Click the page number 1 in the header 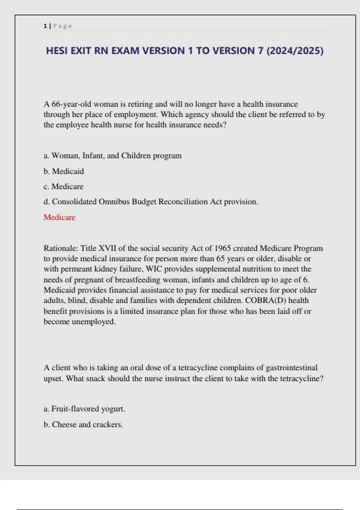45,26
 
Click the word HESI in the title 57,51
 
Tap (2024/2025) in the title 295,51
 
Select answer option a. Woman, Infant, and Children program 112,156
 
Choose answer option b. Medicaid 64,171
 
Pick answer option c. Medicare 63,187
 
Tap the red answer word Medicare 59,217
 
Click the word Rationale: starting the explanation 61,248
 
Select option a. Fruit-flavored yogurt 84,409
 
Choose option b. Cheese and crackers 83,424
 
